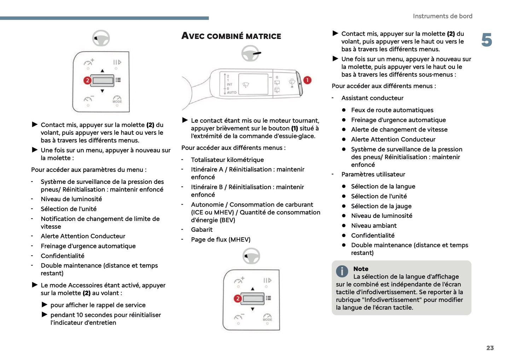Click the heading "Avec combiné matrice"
pos(231,36)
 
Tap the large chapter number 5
pos(487,40)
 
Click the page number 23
pos(490,348)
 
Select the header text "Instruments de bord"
pos(442,16)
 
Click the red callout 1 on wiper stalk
pos(307,80)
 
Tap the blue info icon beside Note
pos(342,272)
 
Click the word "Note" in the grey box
pos(361,269)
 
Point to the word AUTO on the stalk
pos(232,93)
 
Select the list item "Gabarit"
pos(202,230)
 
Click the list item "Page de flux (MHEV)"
pos(221,240)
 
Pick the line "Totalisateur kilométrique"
pos(227,160)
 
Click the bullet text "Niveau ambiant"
pos(374,226)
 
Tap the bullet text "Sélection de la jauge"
pos(381,206)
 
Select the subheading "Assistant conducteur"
pos(372,98)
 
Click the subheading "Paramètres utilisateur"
pos(373,174)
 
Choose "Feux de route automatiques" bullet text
pos(392,110)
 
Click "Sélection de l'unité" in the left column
pos(69,209)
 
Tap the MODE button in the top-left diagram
pos(117,99)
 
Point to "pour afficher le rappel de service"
pos(98,305)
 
